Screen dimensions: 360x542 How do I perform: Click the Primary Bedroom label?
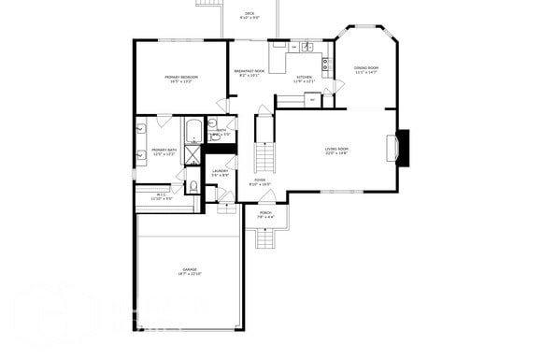(x=180, y=77)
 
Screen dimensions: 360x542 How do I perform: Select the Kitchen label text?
(x=304, y=77)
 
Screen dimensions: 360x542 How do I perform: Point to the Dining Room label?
(x=365, y=67)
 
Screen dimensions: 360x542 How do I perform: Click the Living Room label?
(x=336, y=149)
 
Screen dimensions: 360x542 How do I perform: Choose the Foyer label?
(x=260, y=180)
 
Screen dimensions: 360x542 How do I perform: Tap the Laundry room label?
(x=220, y=171)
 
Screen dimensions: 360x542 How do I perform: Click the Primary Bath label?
(x=164, y=150)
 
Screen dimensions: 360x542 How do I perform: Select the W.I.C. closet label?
(x=162, y=194)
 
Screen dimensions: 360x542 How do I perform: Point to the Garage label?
(x=190, y=269)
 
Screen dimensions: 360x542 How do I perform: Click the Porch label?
(x=265, y=213)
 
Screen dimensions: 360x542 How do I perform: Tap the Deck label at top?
(x=249, y=13)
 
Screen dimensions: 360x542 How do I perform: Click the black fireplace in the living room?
(x=402, y=149)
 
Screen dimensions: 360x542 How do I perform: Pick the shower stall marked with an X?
(x=193, y=155)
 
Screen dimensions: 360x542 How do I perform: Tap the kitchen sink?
(x=306, y=47)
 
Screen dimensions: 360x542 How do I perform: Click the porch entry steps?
(x=266, y=239)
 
